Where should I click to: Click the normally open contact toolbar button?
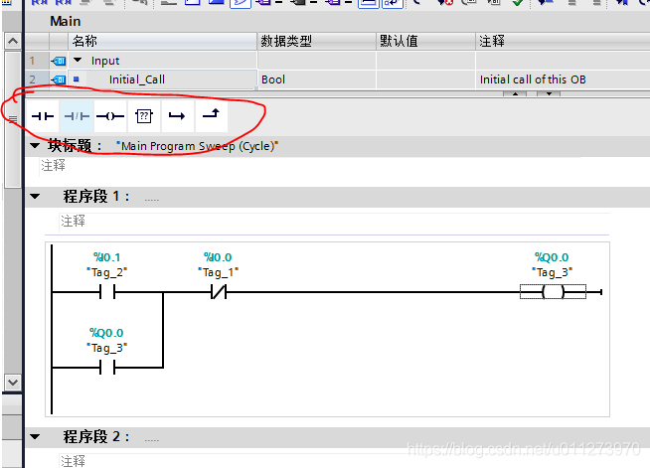(42, 116)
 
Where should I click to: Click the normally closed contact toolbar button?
(77, 116)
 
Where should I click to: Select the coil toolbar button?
(109, 116)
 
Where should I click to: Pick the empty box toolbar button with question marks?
(144, 116)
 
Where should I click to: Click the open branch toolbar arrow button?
(177, 116)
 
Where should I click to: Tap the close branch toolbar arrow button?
(211, 116)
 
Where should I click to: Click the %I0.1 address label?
(106, 257)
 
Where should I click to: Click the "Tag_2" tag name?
(106, 271)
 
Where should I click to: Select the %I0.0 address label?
(217, 257)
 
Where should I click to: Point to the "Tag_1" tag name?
(218, 271)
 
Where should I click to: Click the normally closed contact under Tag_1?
(218, 292)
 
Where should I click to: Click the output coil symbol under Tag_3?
(553, 292)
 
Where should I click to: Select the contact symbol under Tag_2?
(107, 292)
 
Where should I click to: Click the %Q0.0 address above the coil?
(552, 257)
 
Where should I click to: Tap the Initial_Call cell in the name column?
(137, 78)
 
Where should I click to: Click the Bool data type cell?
(273, 78)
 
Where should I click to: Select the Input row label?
(105, 61)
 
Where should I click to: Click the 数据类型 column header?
(286, 41)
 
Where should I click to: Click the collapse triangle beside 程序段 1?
(36, 197)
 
